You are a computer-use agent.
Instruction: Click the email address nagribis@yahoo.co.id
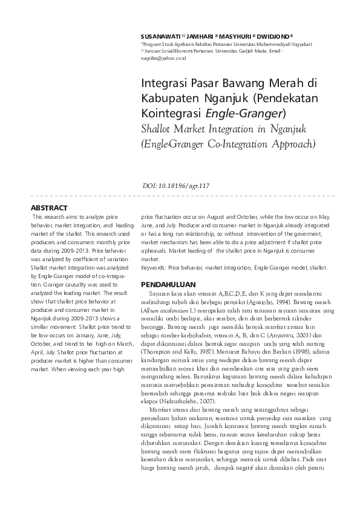click(x=163, y=58)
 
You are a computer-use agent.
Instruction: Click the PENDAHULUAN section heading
click(x=168, y=283)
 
